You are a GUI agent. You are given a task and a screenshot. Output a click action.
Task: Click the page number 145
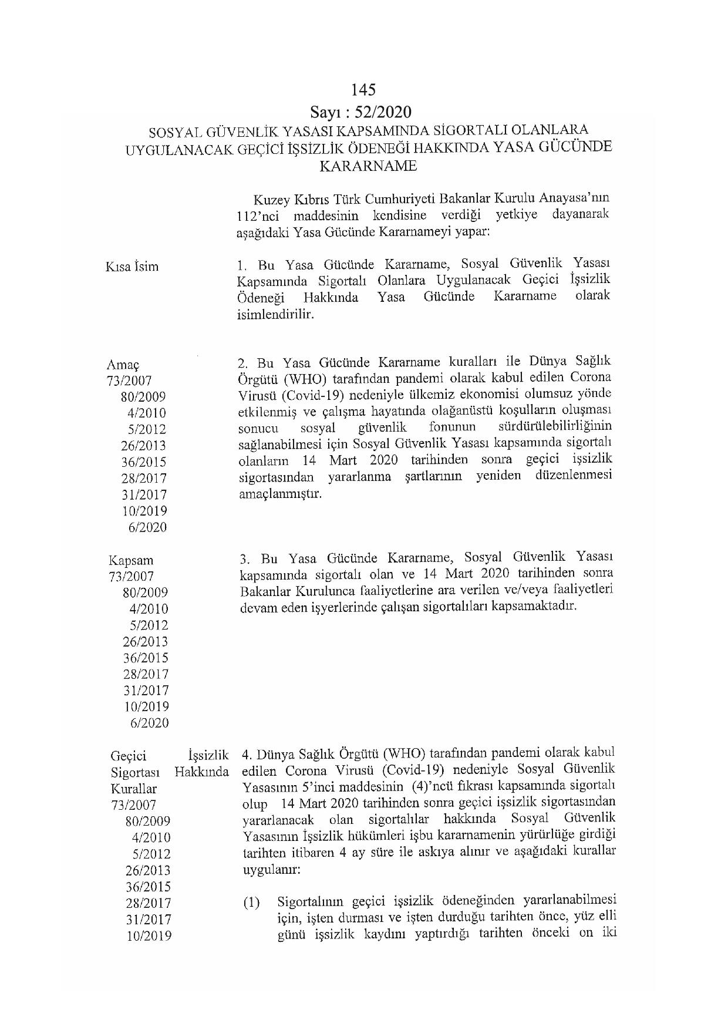pyautogui.click(x=363, y=90)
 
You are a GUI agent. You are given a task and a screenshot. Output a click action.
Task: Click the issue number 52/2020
pyautogui.click(x=384, y=112)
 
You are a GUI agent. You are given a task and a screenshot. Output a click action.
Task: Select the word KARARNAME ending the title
pyautogui.click(x=368, y=166)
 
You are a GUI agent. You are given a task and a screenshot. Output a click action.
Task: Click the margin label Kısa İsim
pyautogui.click(x=132, y=267)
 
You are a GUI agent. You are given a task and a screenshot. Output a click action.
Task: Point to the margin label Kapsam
pyautogui.click(x=131, y=561)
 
